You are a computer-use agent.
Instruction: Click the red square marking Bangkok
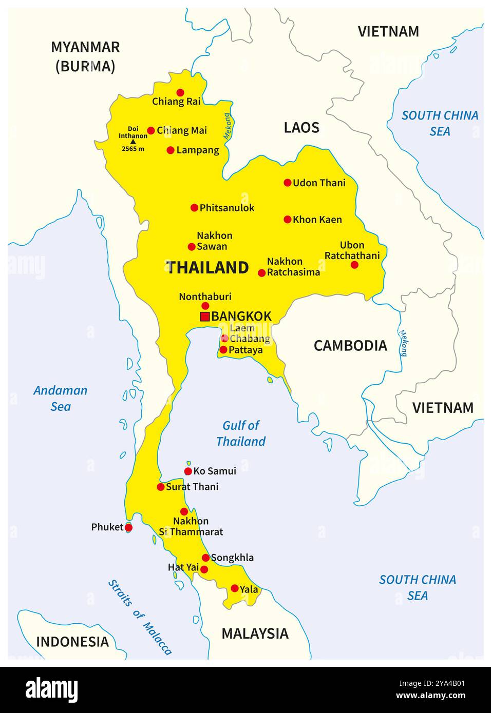[204, 316]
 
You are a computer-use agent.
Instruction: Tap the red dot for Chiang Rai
[180, 92]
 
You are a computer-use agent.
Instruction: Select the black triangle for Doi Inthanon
[133, 142]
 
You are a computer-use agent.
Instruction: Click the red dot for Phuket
[128, 527]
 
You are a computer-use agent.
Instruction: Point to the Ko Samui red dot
[188, 471]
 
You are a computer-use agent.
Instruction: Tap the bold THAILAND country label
[207, 267]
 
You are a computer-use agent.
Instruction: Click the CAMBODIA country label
[350, 346]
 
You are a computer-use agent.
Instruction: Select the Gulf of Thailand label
[240, 433]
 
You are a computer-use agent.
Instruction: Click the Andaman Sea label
[60, 399]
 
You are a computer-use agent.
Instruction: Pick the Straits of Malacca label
[140, 617]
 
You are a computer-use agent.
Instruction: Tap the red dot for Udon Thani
[288, 183]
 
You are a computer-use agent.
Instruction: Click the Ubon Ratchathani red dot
[354, 265]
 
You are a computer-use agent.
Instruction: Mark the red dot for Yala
[235, 588]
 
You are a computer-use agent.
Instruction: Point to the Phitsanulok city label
[227, 208]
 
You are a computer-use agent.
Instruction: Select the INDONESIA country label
[72, 642]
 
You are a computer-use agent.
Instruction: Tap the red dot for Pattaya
[223, 350]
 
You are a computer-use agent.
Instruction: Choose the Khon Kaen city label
[317, 220]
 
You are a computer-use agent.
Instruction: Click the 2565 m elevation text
[133, 149]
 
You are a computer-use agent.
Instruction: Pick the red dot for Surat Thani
[161, 487]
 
